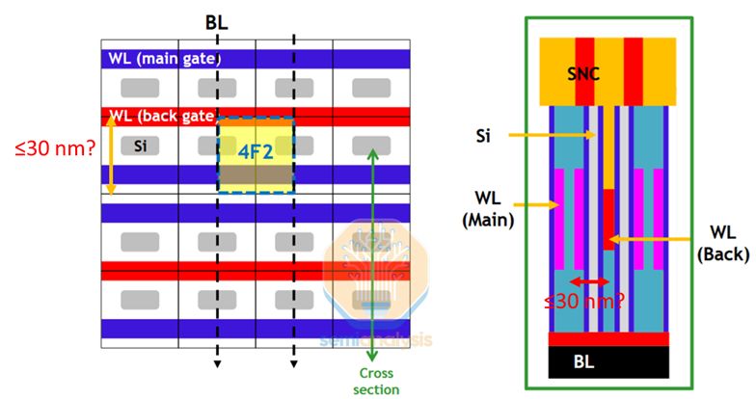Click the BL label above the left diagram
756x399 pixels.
[x=216, y=20]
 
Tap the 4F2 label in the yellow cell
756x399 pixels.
[x=256, y=149]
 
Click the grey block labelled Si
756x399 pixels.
[x=141, y=146]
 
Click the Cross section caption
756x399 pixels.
[x=376, y=381]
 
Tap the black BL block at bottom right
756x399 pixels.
[x=607, y=361]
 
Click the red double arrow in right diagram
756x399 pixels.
[x=588, y=280]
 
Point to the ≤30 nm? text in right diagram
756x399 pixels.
[x=580, y=301]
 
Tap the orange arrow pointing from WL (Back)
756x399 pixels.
[x=656, y=236]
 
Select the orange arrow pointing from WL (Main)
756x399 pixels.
[x=541, y=204]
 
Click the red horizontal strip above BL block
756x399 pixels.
[x=607, y=338]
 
